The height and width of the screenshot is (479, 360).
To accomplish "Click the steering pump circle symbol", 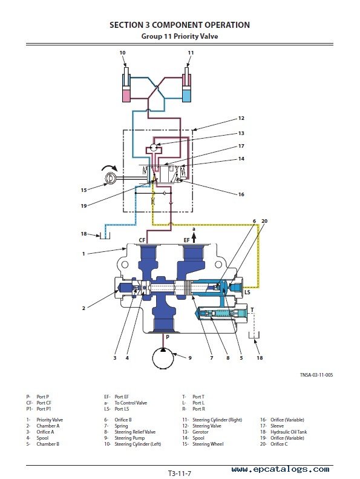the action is click(x=163, y=358).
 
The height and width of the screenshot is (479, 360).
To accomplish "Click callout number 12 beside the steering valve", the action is click(x=241, y=118).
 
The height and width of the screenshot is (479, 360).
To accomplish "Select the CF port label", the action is click(x=142, y=240).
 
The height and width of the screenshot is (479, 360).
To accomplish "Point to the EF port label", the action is click(x=186, y=240).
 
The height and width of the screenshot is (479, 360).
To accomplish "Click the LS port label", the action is click(x=247, y=292).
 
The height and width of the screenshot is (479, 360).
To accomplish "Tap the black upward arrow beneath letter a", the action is click(x=194, y=237).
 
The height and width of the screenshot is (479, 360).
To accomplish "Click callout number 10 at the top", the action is click(x=122, y=53).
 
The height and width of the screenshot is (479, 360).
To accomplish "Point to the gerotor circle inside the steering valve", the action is click(x=154, y=147).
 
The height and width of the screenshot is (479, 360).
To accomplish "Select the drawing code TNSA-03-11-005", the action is click(x=316, y=375).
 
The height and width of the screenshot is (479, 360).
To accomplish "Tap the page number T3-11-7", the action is click(x=180, y=474).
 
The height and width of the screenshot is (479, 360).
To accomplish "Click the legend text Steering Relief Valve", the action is click(x=135, y=432).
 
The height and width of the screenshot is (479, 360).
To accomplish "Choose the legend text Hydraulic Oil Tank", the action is click(x=289, y=432).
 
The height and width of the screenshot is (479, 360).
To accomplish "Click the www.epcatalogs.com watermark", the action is click(x=280, y=469).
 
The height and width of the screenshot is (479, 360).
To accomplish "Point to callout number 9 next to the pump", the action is click(x=190, y=358).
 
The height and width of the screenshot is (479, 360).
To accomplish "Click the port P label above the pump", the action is click(x=168, y=337).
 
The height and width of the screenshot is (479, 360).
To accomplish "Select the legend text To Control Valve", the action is click(x=131, y=403).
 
